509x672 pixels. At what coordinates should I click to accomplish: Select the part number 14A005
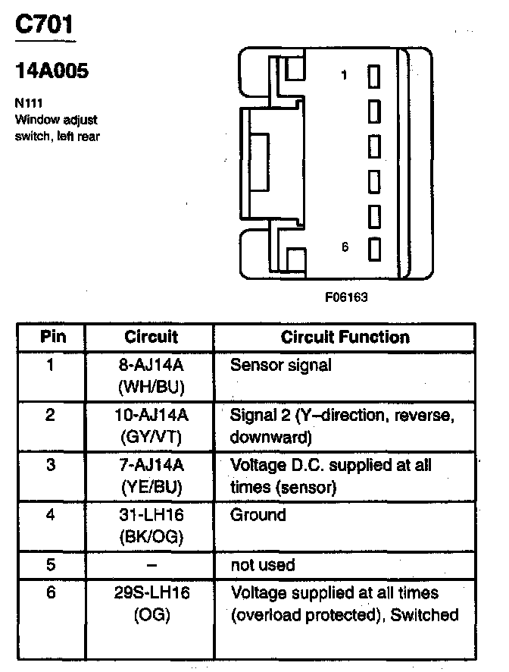52,72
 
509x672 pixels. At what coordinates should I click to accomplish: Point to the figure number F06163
346,297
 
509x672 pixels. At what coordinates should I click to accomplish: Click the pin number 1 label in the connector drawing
345,75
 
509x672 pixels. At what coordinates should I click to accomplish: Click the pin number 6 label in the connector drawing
345,247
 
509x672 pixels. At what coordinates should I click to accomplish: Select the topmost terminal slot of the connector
373,76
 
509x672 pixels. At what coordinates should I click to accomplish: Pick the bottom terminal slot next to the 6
373,248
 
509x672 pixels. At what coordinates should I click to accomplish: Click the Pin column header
52,337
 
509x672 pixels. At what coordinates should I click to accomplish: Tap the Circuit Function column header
345,337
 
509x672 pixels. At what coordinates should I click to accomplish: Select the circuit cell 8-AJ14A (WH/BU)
151,375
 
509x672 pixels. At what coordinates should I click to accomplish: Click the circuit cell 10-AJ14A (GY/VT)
151,425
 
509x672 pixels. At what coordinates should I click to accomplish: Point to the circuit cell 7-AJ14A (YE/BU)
151,476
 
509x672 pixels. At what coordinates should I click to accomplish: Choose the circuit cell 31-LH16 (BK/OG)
151,526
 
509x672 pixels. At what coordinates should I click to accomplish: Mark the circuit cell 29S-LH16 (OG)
151,603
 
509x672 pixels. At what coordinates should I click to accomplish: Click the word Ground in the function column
258,516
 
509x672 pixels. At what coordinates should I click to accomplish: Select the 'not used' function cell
262,565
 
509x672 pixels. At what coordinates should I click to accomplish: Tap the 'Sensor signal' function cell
280,366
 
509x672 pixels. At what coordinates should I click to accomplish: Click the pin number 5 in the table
51,565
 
